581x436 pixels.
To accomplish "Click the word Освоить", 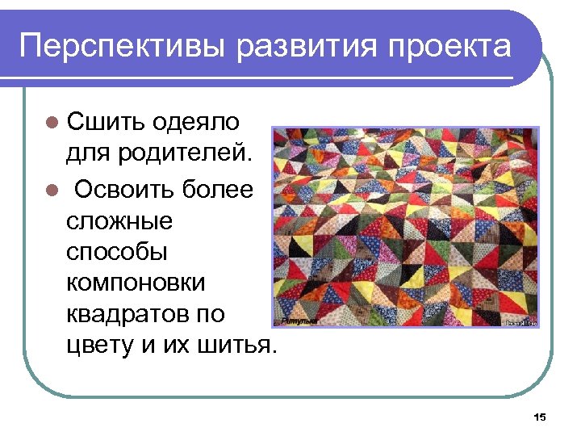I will (121, 191).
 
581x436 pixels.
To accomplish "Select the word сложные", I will (113, 221).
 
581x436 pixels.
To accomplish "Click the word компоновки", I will (136, 283).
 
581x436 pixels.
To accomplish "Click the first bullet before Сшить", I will (52, 124).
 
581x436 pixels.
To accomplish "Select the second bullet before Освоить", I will (52, 191).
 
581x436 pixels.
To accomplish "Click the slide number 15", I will (540, 417).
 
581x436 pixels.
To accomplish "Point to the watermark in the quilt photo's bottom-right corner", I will (520, 322).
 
